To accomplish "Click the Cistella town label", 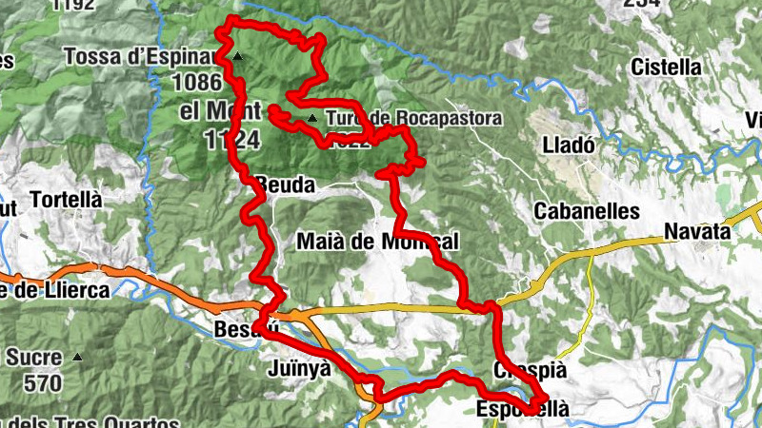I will [667, 68].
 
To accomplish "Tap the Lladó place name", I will [568, 146].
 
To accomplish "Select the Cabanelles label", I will [587, 211].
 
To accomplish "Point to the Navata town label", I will [696, 232].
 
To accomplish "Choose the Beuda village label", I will [283, 185].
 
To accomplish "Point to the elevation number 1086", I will [197, 82].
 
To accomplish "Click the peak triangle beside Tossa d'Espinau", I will [238, 57].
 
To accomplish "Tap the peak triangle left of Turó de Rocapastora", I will [312, 119].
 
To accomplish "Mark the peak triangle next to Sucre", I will [78, 359].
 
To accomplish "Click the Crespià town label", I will [531, 370].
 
